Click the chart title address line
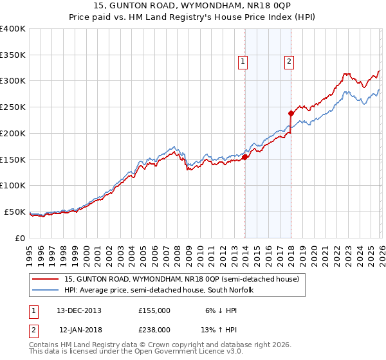click(192, 6)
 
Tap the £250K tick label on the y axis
click(13, 107)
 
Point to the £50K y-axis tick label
click(15, 212)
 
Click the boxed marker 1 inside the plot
click(243, 62)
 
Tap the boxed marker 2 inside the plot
click(289, 62)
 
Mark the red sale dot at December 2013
click(245, 156)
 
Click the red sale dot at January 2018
click(291, 113)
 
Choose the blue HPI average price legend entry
click(159, 291)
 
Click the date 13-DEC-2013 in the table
click(79, 310)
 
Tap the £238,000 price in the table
click(154, 329)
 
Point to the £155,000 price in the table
click(154, 310)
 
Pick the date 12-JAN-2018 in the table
click(79, 329)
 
